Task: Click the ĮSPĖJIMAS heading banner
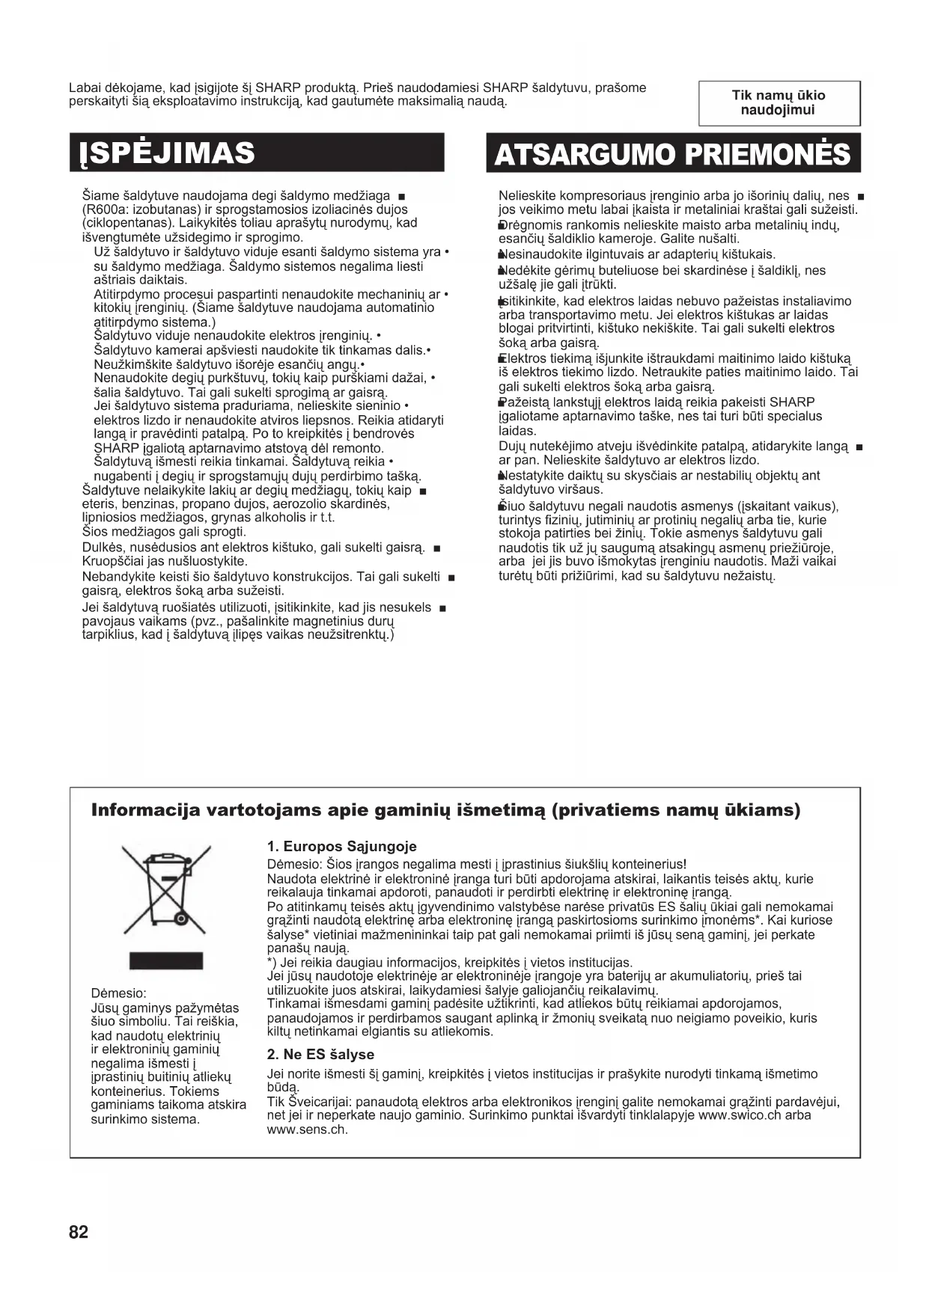point(257,153)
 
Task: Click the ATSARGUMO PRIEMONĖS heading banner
point(672,154)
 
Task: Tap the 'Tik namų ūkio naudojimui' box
point(779,102)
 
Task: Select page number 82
point(79,1232)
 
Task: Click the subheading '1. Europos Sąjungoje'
point(341,847)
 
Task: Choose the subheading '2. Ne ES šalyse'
point(320,1054)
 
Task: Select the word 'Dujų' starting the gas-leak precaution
point(512,447)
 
